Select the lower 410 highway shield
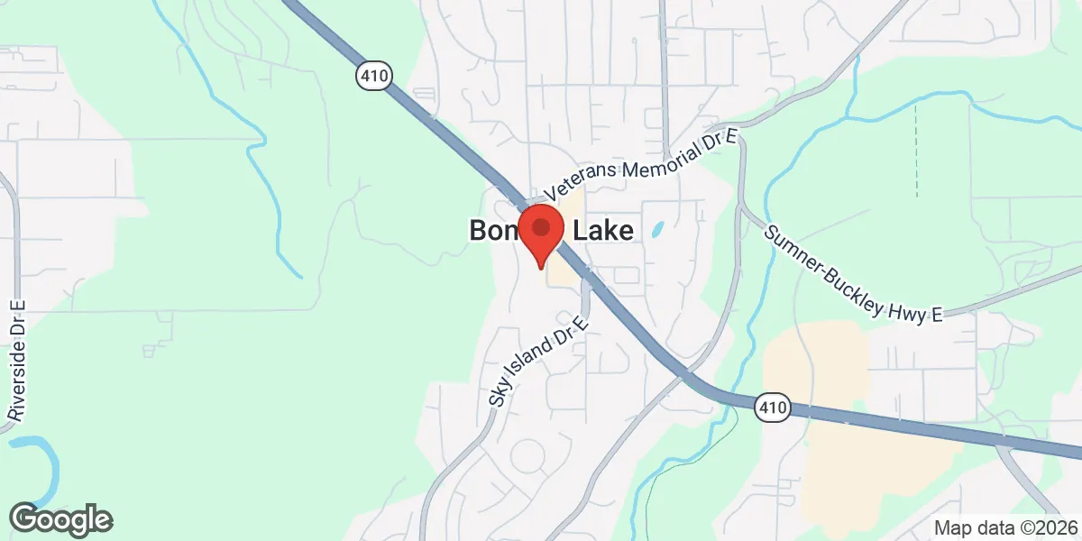point(773,408)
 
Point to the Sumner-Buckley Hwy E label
point(851,273)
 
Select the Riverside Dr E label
point(17,361)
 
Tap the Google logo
point(60,519)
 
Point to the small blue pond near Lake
point(657,229)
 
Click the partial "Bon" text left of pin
point(492,232)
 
